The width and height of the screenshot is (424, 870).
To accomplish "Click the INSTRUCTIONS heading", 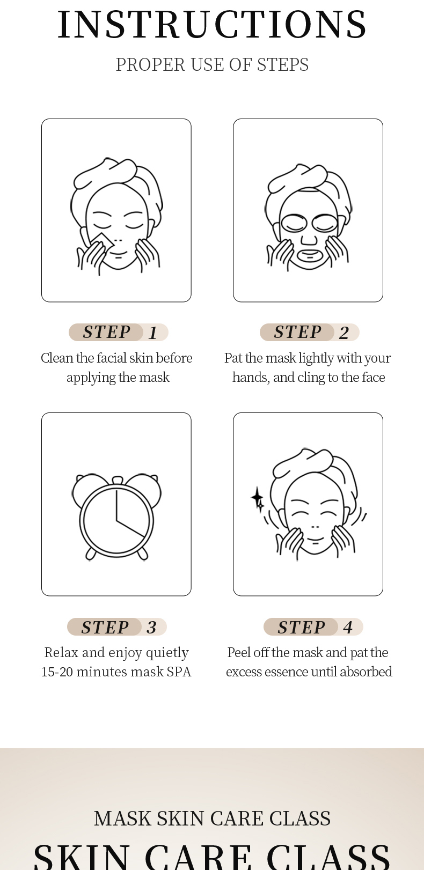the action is pyautogui.click(x=212, y=25).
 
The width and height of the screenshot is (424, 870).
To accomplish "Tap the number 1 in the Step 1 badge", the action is pyautogui.click(x=153, y=333).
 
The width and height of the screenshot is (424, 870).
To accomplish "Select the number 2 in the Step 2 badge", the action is pyautogui.click(x=343, y=333).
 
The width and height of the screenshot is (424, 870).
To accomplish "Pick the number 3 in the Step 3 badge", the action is pyautogui.click(x=151, y=627).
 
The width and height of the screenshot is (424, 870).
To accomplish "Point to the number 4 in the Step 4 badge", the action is pyautogui.click(x=348, y=627).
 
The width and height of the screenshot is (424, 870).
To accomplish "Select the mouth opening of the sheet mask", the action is pyautogui.click(x=309, y=255).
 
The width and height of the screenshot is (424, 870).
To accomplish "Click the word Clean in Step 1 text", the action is pyautogui.click(x=57, y=358).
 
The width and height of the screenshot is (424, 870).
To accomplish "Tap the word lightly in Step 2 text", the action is pyautogui.click(x=316, y=358).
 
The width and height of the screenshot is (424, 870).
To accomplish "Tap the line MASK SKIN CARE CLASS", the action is pyautogui.click(x=212, y=819).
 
